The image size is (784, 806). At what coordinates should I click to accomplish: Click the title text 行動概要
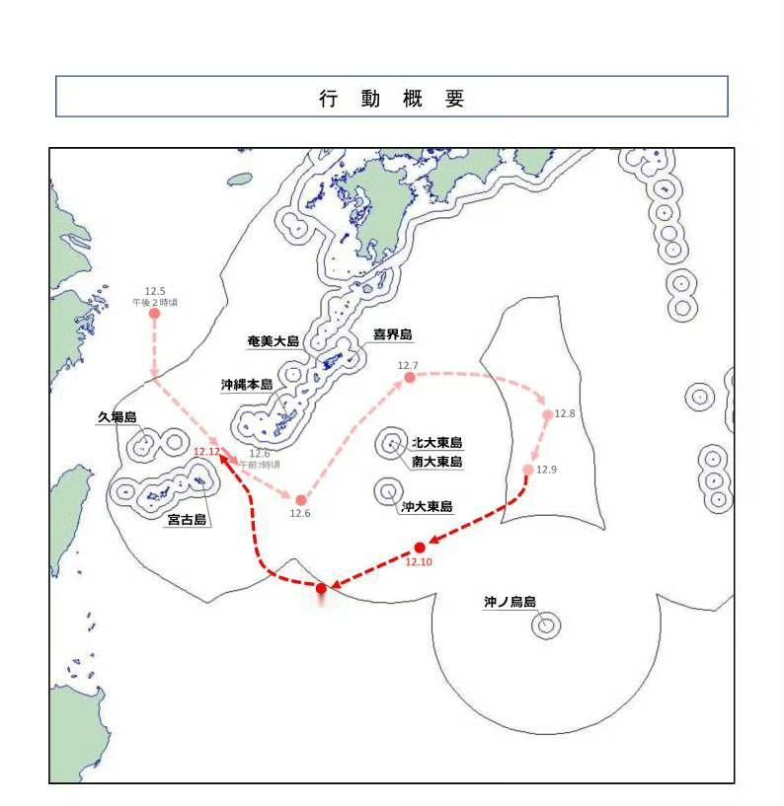click(x=391, y=99)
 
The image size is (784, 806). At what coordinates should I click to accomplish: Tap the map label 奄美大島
click(x=274, y=341)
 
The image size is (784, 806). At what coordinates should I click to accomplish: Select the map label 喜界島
click(x=392, y=334)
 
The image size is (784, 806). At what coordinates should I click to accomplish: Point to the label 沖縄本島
click(x=247, y=385)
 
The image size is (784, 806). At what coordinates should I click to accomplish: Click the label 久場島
click(x=116, y=417)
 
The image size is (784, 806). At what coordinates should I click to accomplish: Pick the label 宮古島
click(x=186, y=520)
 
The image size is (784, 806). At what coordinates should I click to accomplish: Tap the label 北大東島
click(x=436, y=443)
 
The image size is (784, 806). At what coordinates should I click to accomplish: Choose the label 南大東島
click(x=436, y=461)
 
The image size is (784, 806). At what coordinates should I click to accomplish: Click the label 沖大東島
click(x=427, y=507)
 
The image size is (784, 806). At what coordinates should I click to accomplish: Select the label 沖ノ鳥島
click(x=509, y=601)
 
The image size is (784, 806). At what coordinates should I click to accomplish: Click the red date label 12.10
click(x=419, y=562)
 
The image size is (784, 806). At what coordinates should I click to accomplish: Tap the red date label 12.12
click(x=207, y=451)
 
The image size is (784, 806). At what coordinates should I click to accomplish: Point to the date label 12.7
click(x=408, y=366)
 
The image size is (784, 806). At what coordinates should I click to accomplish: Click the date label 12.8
click(x=565, y=413)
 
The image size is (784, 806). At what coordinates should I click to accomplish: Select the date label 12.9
click(x=547, y=470)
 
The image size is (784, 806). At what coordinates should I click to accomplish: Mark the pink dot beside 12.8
click(x=548, y=415)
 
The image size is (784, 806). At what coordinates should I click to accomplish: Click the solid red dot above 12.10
click(x=420, y=548)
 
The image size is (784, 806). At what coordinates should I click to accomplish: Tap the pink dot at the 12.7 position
click(x=409, y=378)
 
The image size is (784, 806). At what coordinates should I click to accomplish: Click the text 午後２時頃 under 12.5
click(x=155, y=302)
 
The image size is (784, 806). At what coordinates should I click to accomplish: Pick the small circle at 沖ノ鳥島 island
click(x=546, y=624)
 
